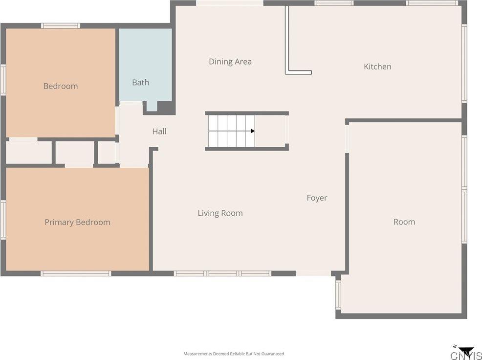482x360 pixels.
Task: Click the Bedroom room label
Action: (61, 86)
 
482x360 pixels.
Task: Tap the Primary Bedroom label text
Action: (77, 223)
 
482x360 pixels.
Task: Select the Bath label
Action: (140, 83)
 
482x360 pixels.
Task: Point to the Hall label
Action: (159, 132)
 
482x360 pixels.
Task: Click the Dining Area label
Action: (230, 62)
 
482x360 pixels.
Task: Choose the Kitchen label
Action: (377, 67)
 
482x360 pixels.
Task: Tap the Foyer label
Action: (317, 198)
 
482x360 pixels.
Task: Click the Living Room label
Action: (220, 213)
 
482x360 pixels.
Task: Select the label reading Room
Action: (404, 222)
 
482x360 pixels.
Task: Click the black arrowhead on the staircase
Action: (253, 131)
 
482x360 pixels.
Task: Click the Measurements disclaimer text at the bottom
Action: (234, 354)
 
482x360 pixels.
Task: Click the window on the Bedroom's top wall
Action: (61, 26)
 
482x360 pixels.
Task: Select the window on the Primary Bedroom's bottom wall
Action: (76, 273)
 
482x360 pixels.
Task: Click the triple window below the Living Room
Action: (222, 273)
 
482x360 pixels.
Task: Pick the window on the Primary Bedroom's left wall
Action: (3, 220)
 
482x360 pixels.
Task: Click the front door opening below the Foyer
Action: (313, 273)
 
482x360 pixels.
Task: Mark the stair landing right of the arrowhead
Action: (270, 131)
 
